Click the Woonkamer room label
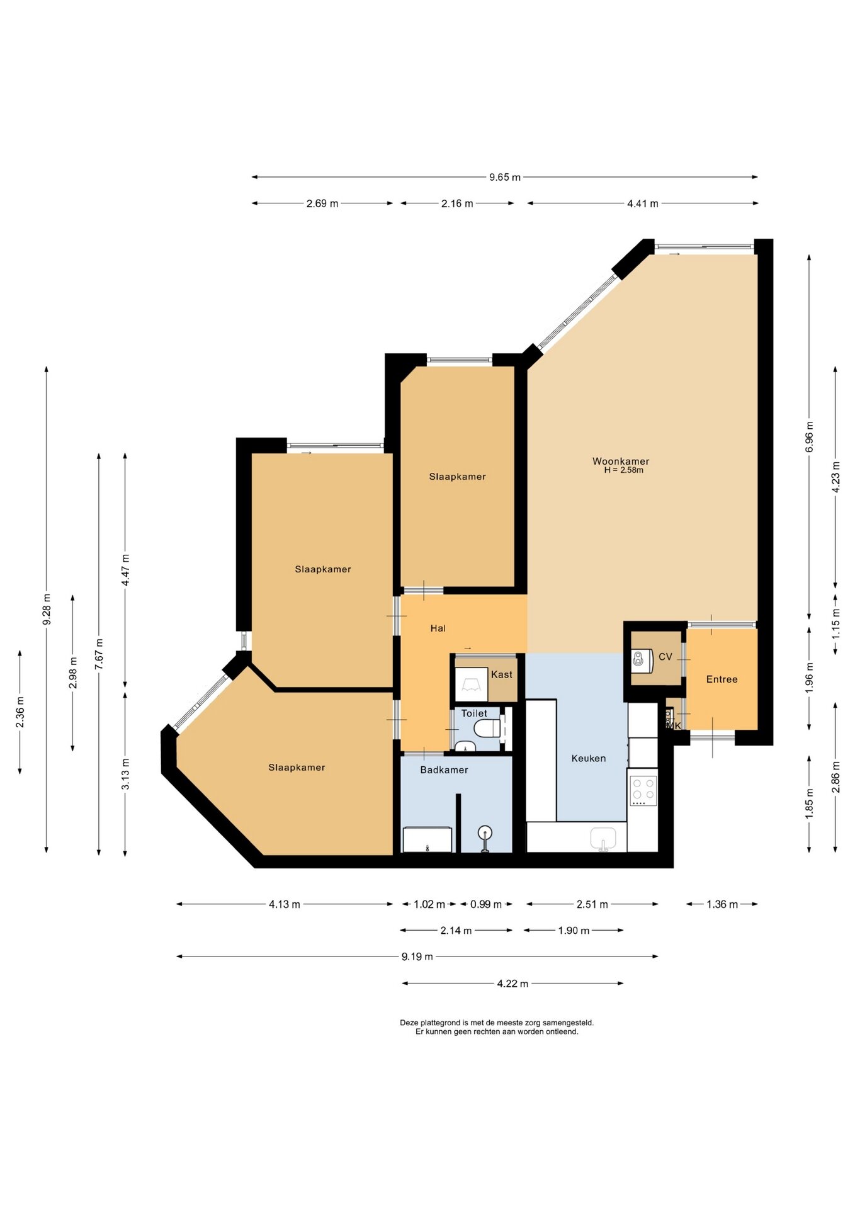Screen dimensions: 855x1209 (621, 461)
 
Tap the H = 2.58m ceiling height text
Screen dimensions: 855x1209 (623, 470)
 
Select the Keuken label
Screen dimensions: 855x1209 (589, 758)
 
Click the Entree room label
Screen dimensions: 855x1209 (722, 679)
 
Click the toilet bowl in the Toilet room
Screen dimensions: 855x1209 (489, 729)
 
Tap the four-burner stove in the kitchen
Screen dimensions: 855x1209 (643, 791)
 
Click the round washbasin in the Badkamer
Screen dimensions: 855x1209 (485, 834)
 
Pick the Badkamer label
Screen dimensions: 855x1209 (444, 769)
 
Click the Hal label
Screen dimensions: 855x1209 (438, 628)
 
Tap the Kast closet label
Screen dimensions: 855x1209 (501, 674)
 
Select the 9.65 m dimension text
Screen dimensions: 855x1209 (505, 178)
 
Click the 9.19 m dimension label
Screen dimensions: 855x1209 (417, 956)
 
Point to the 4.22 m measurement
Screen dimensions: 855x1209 (512, 984)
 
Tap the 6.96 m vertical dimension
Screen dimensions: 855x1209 (810, 437)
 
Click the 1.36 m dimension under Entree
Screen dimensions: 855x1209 (722, 904)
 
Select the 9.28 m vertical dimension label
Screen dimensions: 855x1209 (47, 610)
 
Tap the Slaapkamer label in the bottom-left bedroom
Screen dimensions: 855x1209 (297, 768)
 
